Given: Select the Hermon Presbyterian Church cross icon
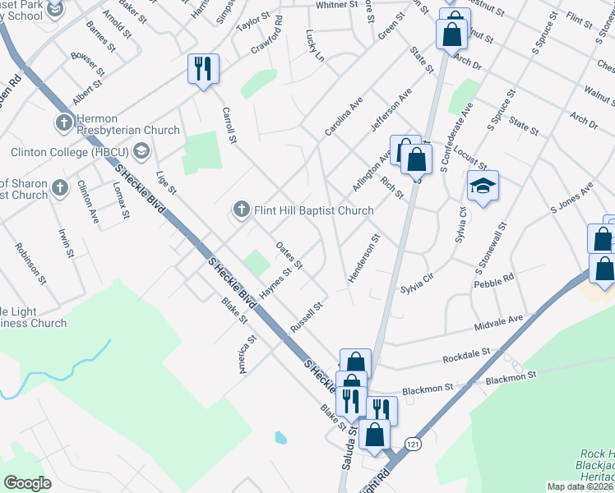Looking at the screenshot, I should [x=64, y=124].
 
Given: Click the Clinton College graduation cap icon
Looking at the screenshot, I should [x=141, y=151].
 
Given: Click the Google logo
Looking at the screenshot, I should [x=27, y=483].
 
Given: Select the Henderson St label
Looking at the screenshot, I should [x=363, y=260].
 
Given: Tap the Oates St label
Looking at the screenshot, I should [x=289, y=255].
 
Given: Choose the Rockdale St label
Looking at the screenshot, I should [x=466, y=353].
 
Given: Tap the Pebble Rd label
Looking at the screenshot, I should [x=494, y=281].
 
